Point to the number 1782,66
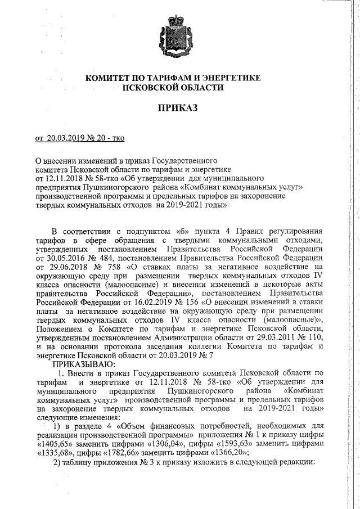pyautogui.click(x=123, y=453)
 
